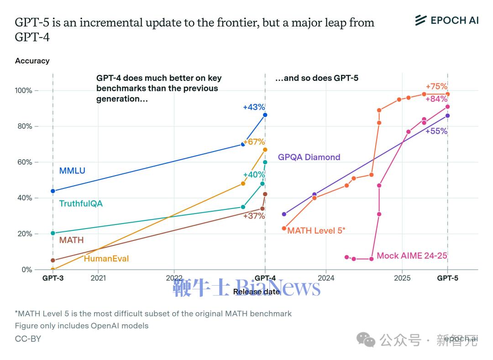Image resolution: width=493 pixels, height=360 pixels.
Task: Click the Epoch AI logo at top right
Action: coord(446,20)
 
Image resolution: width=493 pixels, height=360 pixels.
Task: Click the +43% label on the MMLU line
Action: coord(254,107)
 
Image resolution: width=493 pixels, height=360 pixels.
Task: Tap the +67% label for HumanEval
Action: coord(254,142)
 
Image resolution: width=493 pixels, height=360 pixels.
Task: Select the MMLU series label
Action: coord(72,171)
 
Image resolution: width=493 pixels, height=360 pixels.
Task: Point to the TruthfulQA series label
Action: coord(81,203)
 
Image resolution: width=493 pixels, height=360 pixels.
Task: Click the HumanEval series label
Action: coord(106,259)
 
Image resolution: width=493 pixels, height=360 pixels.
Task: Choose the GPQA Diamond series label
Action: coord(309,157)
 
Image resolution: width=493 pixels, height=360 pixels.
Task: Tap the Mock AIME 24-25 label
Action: coord(412,256)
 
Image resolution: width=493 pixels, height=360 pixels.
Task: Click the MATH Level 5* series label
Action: coord(316,230)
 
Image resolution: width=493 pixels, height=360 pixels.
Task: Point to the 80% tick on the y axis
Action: coord(23,126)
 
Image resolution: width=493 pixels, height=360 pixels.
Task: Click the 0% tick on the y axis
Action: coord(27,270)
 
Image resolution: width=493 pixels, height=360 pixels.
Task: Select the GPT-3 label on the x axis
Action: coord(53,278)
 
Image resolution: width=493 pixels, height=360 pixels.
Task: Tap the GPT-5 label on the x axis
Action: coord(447,278)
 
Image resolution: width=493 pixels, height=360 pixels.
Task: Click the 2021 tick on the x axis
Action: coord(98,278)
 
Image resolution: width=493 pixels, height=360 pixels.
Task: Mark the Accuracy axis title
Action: coord(32,61)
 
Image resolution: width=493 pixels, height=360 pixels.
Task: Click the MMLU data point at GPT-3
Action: coord(53,191)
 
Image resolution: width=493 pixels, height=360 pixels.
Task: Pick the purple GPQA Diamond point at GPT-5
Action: coord(447,115)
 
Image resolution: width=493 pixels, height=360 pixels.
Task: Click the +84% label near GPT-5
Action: coord(436,99)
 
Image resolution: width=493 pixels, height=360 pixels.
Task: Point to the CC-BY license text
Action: coord(28,339)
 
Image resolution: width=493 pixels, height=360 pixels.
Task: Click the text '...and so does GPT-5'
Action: coord(316,78)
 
